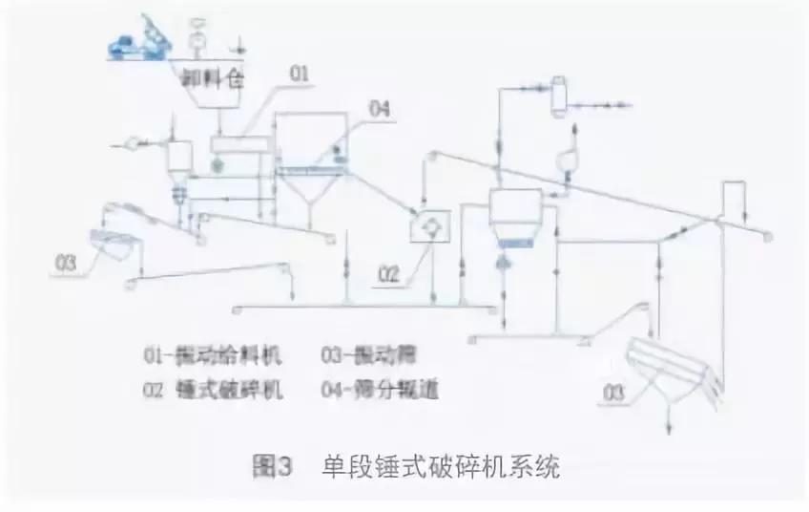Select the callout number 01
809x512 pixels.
coord(299,74)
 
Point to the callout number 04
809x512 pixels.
coord(379,112)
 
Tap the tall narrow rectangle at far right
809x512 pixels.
coord(733,201)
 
